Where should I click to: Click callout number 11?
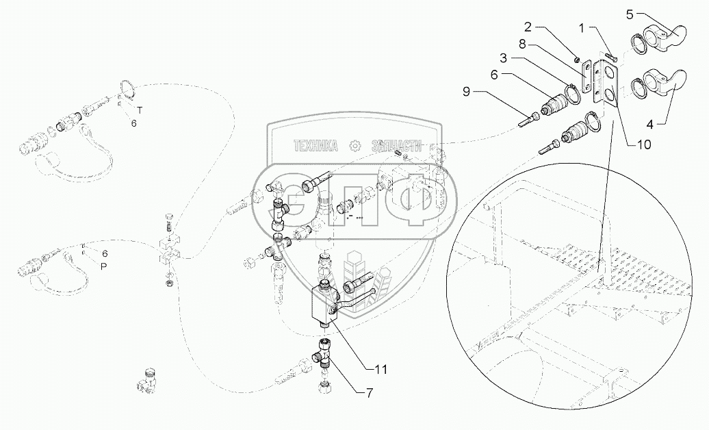381,368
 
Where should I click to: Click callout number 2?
528,27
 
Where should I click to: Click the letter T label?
139,110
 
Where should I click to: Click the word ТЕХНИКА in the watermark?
316,145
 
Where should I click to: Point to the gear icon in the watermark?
354,145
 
